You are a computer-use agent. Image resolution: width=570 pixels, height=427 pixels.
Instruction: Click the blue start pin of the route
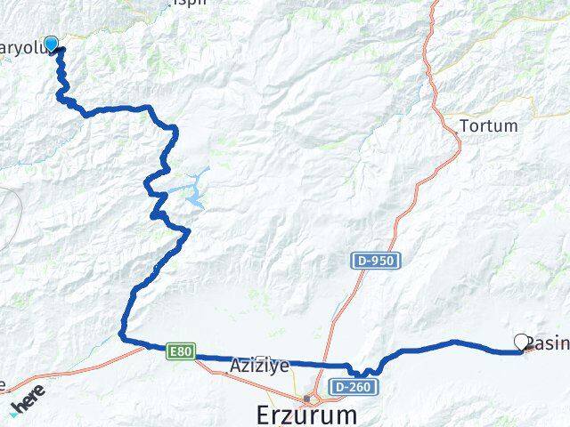tap(52, 44)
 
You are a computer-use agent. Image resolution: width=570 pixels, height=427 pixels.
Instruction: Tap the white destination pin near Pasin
tap(522, 341)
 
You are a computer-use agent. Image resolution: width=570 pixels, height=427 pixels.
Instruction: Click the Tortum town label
tap(488, 126)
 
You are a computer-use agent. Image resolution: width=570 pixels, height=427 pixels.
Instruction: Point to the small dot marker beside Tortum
tap(455, 132)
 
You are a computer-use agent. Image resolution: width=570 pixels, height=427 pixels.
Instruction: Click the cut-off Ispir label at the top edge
tap(191, 3)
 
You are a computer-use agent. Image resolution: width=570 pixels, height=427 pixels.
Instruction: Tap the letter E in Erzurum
tap(236, 415)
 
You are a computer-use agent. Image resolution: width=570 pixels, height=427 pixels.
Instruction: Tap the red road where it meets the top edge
tap(436, 3)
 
